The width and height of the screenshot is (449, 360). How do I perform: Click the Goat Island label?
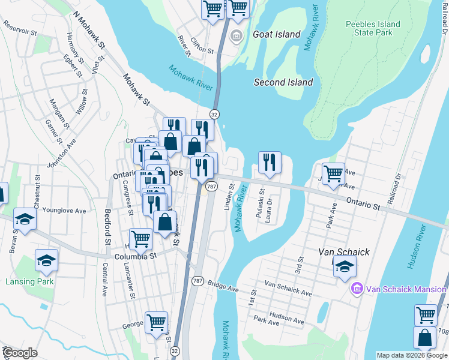pos(277,34)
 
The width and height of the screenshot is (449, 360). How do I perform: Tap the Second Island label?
pos(283,82)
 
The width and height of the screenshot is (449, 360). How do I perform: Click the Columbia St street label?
pos(135,256)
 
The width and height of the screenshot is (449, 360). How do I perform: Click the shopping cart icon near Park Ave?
pos(333,174)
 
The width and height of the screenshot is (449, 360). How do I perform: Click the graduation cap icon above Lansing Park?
pos(46,260)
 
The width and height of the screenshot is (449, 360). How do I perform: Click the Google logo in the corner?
pos(20,353)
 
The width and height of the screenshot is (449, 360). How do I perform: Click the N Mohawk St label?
pos(88,29)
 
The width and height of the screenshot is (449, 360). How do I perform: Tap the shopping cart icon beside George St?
pos(157,322)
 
